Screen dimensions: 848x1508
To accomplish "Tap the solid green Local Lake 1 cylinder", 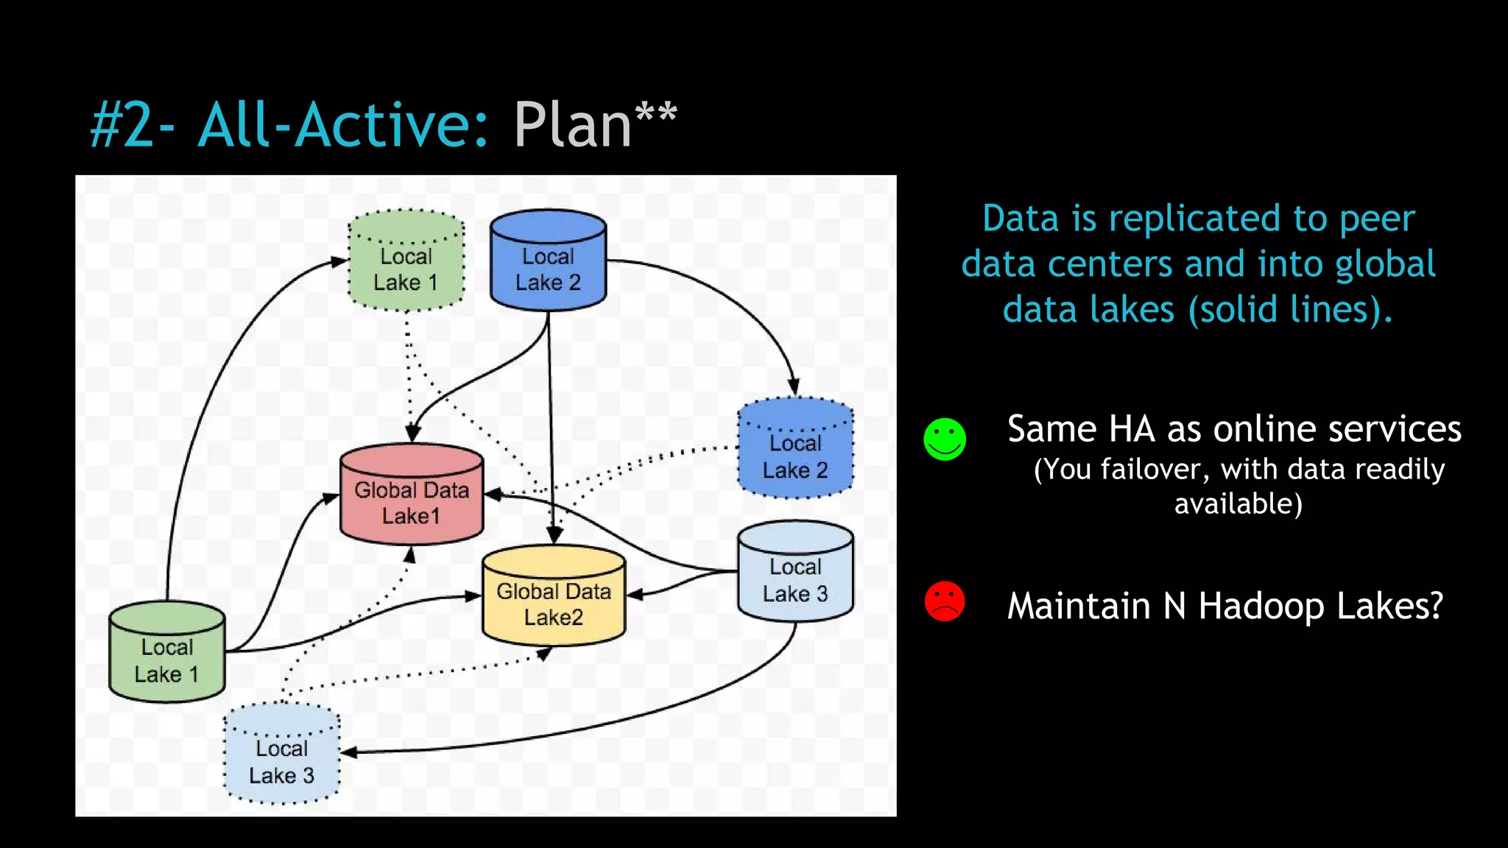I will pos(167,654).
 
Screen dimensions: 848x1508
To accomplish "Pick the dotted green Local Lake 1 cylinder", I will pos(406,262).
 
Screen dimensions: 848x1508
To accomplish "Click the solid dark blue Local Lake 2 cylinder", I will pos(548,262).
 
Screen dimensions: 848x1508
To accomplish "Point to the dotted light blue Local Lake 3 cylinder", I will pos(281,755).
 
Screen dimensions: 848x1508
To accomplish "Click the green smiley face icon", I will pos(945,439).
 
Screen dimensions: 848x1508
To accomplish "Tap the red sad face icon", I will pos(945,601).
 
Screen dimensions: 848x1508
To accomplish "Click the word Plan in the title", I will pos(573,125).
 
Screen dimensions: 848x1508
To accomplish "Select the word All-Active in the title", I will pos(343,125).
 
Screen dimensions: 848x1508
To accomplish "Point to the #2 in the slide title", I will pos(121,125).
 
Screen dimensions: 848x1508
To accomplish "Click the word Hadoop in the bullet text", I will pos(1261,606).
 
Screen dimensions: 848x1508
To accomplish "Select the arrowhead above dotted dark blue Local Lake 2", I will pos(793,386).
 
